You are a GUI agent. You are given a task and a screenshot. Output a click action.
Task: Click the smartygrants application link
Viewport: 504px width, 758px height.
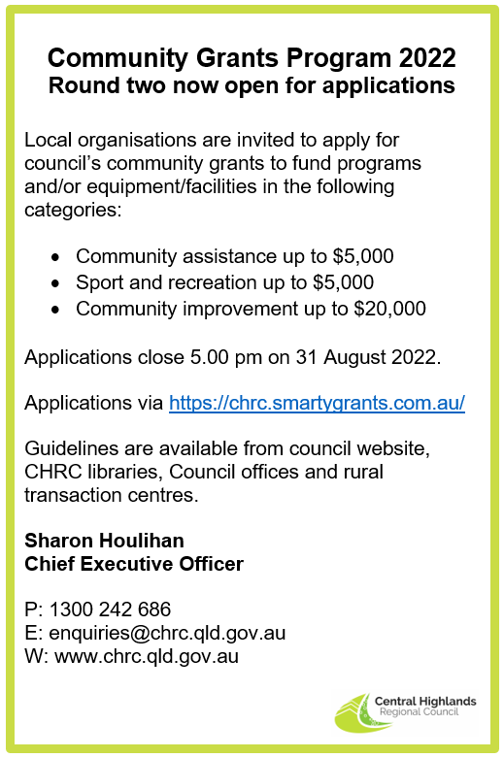pos(317,403)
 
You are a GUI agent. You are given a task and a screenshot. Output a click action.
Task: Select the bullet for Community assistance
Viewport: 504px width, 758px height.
pos(56,257)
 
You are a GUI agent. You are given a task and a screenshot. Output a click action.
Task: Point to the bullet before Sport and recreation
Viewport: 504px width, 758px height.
pos(56,283)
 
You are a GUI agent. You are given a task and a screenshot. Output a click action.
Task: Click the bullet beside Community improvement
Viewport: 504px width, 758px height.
pos(56,310)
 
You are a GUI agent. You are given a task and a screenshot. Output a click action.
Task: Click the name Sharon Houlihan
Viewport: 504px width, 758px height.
pos(104,541)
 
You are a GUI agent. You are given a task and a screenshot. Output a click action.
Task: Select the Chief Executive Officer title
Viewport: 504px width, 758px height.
pos(134,563)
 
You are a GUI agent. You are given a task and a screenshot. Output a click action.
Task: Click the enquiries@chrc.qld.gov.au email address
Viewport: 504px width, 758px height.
pos(166,633)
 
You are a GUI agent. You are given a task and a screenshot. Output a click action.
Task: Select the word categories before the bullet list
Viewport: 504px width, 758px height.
pos(72,208)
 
